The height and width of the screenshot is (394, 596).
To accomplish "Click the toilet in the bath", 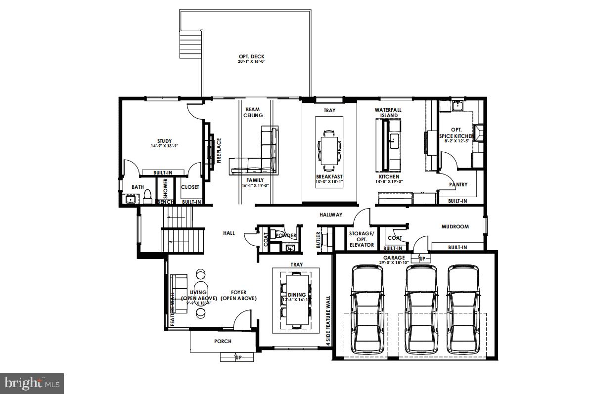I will pos(147,198).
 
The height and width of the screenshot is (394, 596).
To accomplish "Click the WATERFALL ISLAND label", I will pos(388,112).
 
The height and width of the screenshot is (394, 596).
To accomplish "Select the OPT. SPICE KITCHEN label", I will pos(456,133).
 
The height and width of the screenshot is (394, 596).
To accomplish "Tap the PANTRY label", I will pos(458,185).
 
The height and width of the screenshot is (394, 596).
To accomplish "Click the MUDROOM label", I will pos(455,226).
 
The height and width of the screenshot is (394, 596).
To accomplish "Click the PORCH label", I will pos(223,341).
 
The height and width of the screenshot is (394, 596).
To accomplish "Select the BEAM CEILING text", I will pos(252,112).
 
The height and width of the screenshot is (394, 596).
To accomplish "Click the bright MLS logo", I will pos(32,383).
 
